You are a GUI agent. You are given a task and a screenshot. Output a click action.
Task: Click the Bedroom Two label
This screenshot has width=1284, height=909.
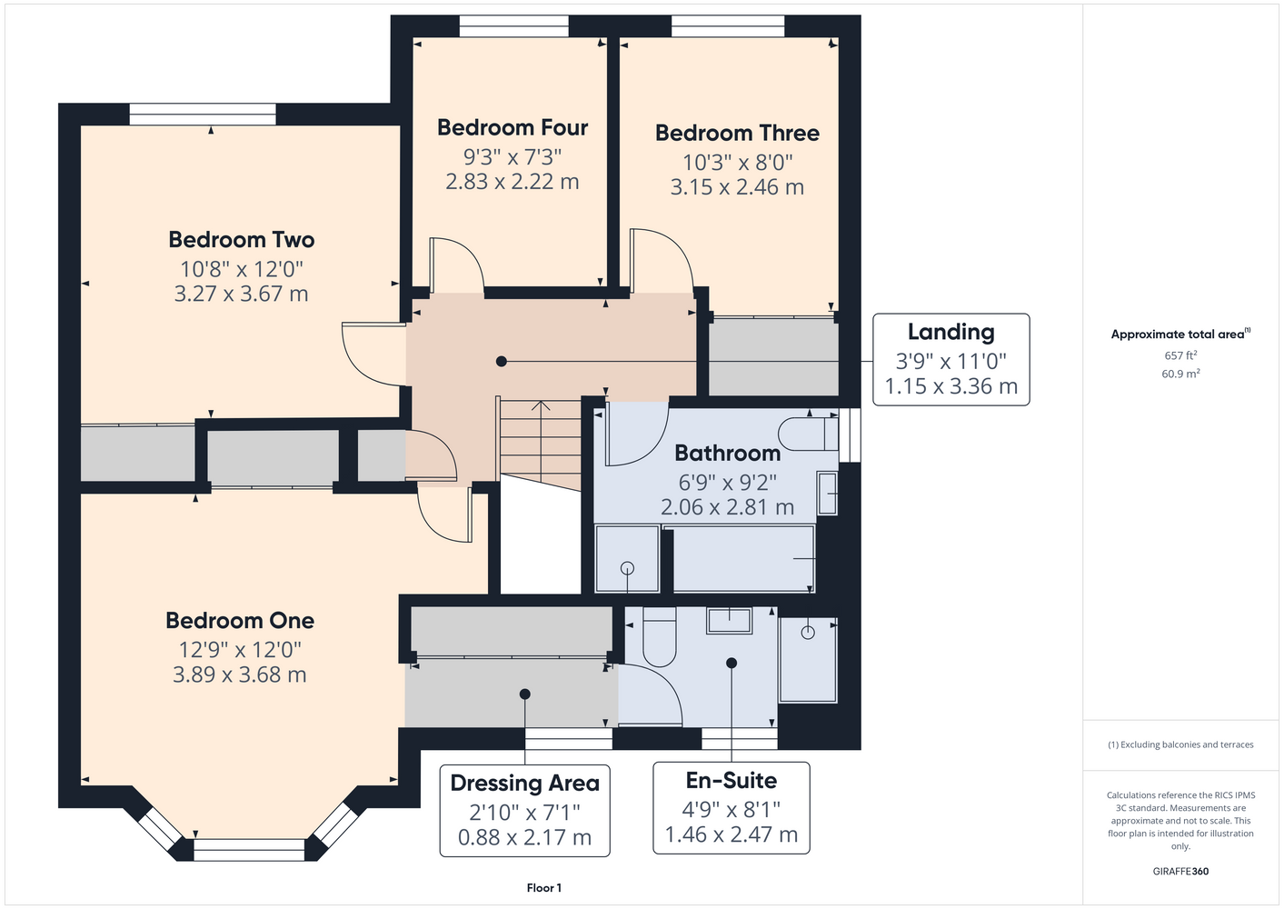coord(242,240)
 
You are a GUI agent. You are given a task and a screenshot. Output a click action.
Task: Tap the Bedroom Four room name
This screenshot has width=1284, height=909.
coord(513,127)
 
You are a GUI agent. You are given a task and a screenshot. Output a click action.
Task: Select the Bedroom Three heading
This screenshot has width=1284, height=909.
coord(737,133)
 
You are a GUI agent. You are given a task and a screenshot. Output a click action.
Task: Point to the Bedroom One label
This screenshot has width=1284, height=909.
coord(240,621)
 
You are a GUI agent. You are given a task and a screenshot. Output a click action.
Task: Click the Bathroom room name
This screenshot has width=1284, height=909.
coord(727,453)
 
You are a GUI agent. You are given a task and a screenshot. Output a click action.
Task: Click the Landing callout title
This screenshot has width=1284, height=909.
coord(951,332)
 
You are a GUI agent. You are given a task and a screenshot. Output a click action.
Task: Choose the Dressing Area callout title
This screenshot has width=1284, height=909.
coord(524,783)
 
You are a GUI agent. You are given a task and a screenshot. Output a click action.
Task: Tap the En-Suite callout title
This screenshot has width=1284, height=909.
coord(732,781)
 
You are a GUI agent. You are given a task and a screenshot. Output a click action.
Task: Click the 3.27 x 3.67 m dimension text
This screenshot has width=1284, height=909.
coord(242,294)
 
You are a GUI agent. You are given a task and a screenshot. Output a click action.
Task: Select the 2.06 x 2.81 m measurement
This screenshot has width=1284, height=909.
coord(727,507)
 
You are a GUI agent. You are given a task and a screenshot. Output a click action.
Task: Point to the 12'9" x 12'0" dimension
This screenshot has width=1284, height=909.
coord(240,650)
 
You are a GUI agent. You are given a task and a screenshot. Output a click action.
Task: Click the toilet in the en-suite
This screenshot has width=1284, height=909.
coord(659,636)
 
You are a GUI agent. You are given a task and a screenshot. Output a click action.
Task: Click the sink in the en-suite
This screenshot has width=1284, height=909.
coord(729,621)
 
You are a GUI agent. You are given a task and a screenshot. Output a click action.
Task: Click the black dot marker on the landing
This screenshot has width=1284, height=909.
coord(502,361)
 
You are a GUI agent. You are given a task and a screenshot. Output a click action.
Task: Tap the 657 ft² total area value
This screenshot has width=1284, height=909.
coord(1180,355)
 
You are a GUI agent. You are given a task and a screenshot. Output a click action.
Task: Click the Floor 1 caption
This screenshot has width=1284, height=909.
coord(544,888)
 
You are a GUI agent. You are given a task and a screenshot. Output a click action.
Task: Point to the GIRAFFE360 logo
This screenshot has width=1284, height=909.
coord(1180,871)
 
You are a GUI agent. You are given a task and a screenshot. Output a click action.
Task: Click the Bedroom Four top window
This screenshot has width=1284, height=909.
coord(513,26)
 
